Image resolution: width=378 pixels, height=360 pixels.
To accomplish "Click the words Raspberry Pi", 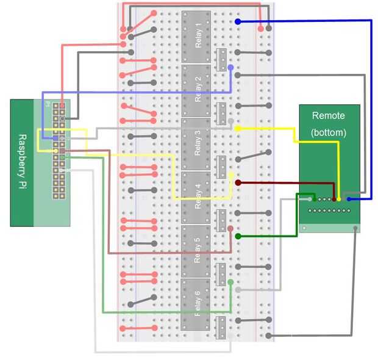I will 22,162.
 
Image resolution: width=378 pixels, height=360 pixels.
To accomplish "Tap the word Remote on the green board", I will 328,115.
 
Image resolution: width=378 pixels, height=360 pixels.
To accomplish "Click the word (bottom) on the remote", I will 328,132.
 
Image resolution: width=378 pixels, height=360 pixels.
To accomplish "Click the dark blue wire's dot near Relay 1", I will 238,21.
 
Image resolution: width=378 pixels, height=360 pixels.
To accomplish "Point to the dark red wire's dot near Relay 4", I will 238,182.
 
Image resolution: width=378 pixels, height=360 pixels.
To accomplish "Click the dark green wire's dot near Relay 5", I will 238,236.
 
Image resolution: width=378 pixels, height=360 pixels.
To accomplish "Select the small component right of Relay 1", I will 222,59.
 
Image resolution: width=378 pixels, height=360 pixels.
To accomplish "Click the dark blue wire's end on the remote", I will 349,199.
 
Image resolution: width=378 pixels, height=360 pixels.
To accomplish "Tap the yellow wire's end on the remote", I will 340,199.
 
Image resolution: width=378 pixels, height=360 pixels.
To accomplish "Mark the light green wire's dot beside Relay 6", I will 230,282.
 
